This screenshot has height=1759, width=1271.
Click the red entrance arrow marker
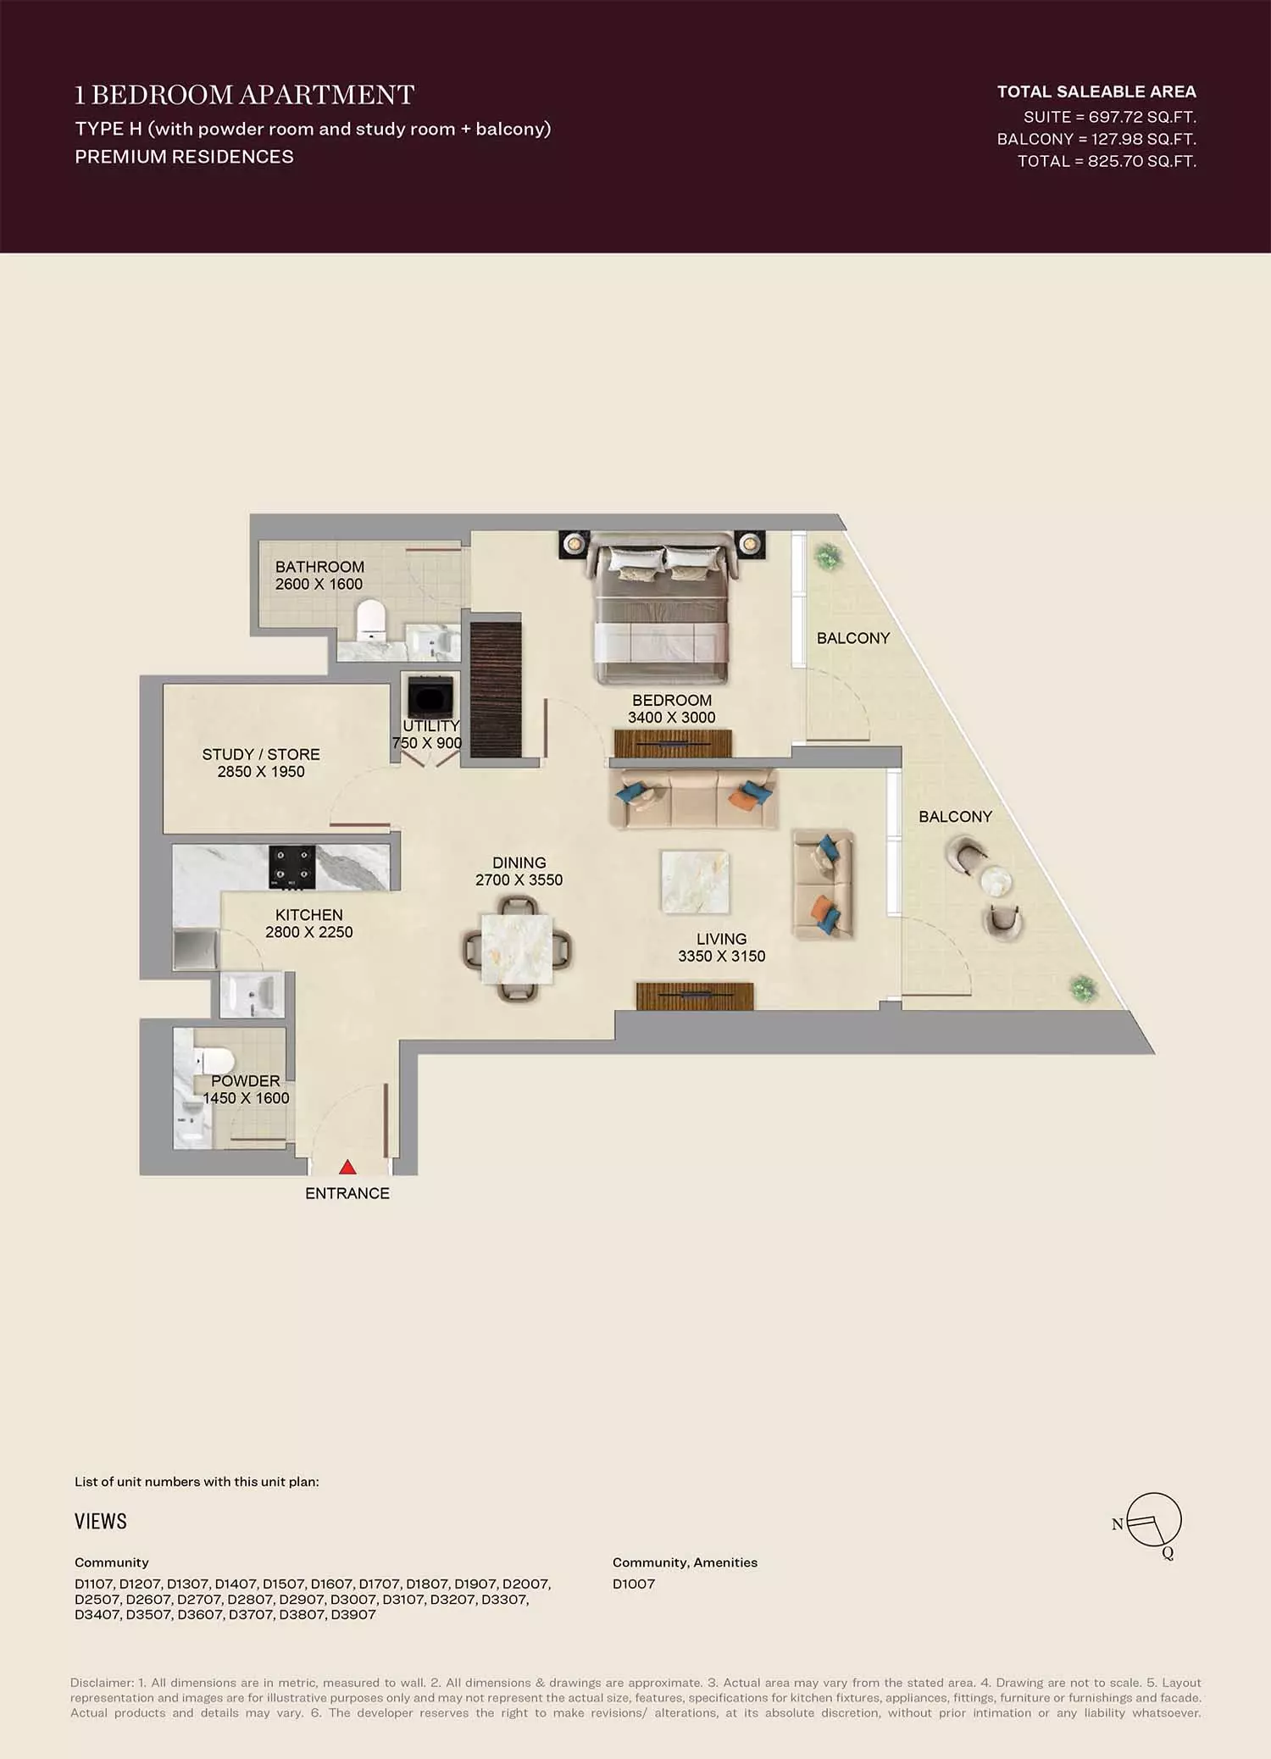[347, 1167]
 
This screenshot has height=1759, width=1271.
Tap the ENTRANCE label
[347, 1193]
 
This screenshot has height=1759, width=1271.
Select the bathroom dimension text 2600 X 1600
[319, 584]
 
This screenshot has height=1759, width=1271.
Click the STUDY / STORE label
[261, 754]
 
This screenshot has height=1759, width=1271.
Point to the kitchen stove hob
[292, 867]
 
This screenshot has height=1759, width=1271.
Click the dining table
[517, 949]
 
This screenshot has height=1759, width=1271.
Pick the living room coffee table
[695, 883]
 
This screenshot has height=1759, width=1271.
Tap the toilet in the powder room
[213, 1061]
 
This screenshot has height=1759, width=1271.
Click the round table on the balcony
[996, 881]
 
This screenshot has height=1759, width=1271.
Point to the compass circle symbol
[1154, 1518]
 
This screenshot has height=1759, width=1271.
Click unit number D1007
[634, 1584]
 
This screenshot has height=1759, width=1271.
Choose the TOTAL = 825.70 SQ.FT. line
[1107, 161]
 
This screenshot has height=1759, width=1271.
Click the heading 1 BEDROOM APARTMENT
[245, 95]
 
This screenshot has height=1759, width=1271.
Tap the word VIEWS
[101, 1521]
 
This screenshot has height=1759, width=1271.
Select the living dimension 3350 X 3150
[722, 956]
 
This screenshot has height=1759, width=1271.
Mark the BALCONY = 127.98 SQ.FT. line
[1096, 139]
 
